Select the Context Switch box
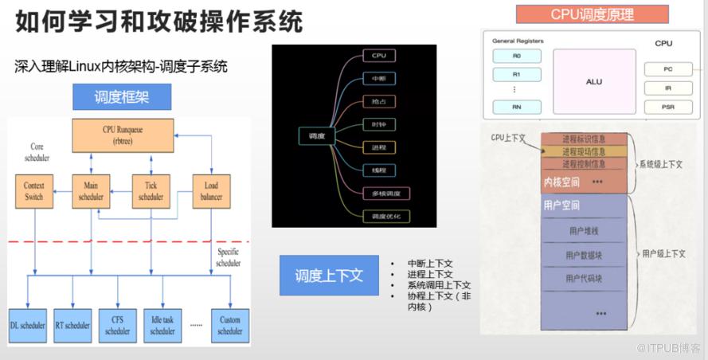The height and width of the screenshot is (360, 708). [x=33, y=191]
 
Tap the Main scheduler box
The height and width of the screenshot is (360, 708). [x=91, y=191]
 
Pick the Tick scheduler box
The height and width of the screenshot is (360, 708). [x=151, y=191]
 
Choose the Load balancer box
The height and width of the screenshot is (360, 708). [x=211, y=191]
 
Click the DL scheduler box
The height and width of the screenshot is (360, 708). [x=28, y=325]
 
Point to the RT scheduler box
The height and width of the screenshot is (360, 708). [x=72, y=325]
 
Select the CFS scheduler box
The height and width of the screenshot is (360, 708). [x=117, y=325]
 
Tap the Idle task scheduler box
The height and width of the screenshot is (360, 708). [x=162, y=325]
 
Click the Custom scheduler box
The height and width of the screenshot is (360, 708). [x=229, y=325]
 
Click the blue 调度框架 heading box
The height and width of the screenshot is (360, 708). [x=122, y=97]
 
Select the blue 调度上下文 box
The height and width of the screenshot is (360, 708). [x=329, y=276]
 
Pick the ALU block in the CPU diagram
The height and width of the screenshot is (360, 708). [x=594, y=81]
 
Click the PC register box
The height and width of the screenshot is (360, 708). [x=667, y=69]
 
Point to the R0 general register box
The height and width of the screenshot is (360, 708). [x=516, y=56]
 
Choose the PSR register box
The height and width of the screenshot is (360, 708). [x=667, y=107]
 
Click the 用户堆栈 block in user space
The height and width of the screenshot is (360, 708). [x=584, y=231]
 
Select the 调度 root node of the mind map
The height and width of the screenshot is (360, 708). [x=316, y=136]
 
